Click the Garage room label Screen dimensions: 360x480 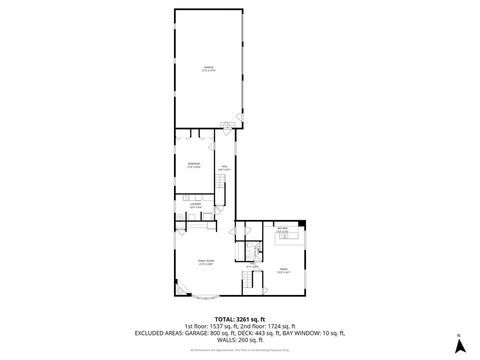click(207, 70)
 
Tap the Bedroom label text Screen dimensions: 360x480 click(193, 164)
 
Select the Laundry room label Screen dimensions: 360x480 click(196, 207)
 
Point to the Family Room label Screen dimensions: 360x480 click(207, 262)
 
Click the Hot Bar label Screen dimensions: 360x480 click(282, 230)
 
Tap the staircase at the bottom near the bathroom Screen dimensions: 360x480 click(246, 285)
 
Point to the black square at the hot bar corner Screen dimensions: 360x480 click(304, 223)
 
